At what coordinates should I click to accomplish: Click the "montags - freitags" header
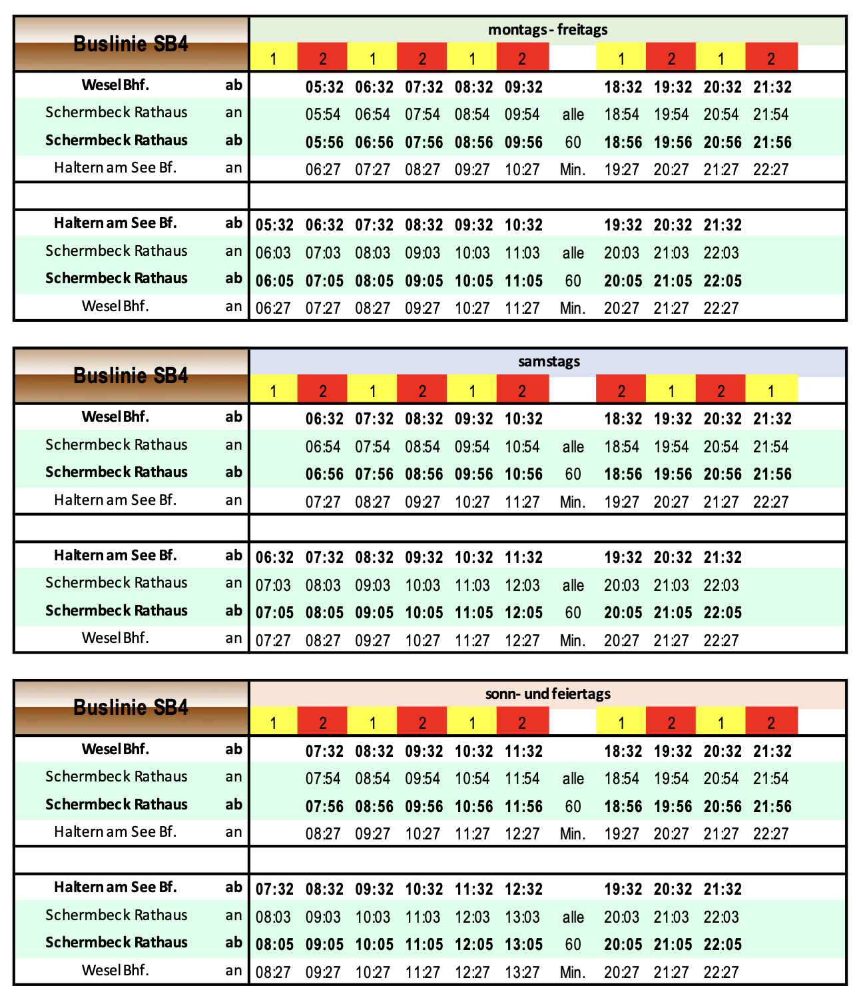[x=547, y=30]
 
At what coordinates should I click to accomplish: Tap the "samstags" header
[x=549, y=362]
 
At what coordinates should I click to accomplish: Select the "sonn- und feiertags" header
[x=547, y=694]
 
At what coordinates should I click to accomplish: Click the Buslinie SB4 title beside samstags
[x=131, y=376]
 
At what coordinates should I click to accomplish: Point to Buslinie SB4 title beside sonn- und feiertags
[x=131, y=708]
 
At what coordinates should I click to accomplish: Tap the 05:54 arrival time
[x=323, y=115]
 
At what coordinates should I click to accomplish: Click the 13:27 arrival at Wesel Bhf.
[x=522, y=973]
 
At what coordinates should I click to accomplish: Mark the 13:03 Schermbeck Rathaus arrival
[x=522, y=917]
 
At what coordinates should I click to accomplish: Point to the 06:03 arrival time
[x=274, y=253]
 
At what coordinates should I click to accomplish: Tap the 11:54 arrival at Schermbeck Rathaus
[x=522, y=779]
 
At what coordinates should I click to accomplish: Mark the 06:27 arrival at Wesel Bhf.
[x=274, y=308]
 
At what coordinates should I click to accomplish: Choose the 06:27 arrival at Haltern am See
[x=323, y=170]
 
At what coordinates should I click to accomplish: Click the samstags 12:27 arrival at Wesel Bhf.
[x=522, y=641]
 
